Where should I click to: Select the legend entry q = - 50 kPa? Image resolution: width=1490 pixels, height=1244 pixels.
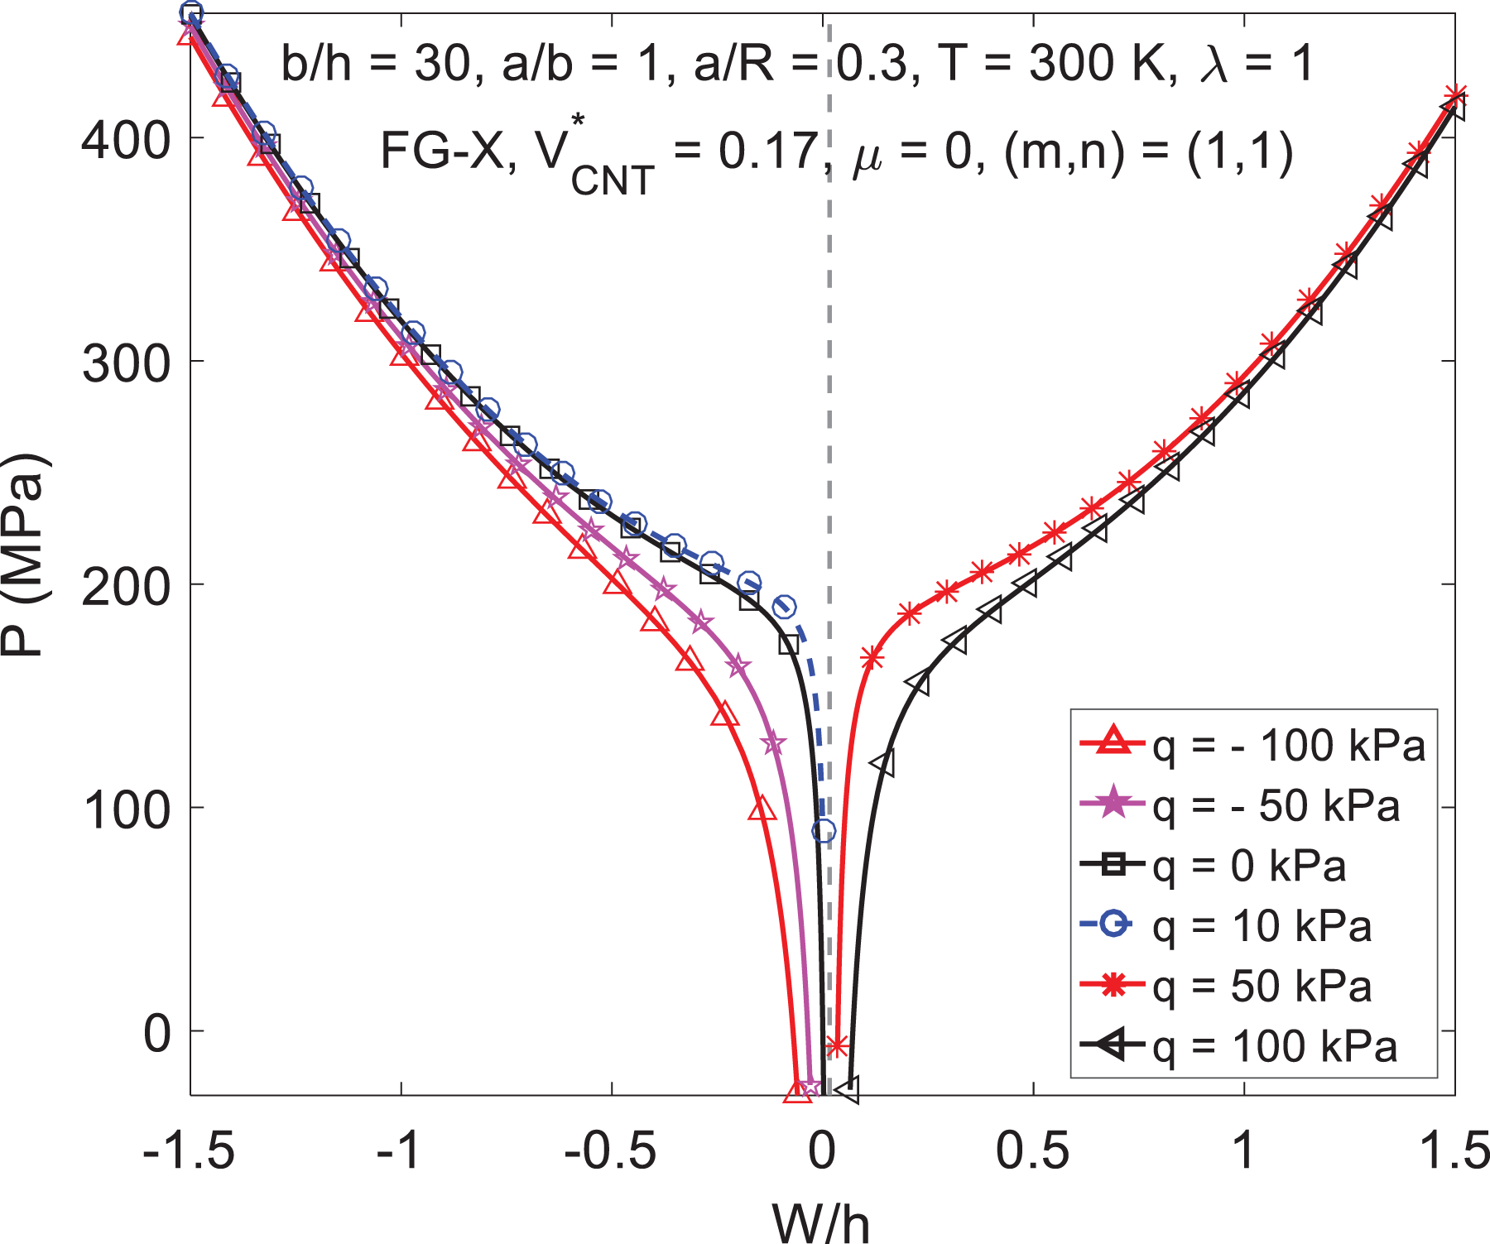1240,805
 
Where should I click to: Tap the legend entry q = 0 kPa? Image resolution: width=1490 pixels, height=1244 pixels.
1214,866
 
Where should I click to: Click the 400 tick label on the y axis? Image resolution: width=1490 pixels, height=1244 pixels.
126,138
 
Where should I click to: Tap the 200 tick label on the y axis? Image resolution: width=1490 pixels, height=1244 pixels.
126,584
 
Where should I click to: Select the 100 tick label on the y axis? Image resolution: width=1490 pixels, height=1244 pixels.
126,808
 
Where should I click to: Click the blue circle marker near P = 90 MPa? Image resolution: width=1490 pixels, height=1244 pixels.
824,831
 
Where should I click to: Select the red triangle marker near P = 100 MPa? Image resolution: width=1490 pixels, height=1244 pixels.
762,808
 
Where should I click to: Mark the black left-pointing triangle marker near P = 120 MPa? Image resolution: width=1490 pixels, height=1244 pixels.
883,762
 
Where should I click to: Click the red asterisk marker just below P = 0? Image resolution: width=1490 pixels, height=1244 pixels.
837,1046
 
